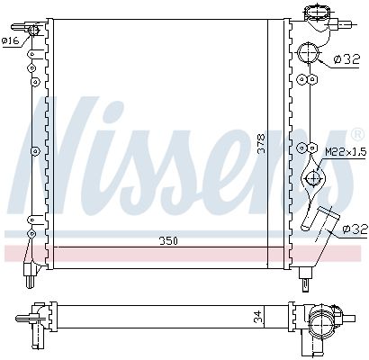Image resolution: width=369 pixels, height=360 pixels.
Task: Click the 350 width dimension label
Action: click(168, 241)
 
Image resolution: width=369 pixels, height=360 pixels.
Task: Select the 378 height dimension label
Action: click(262, 144)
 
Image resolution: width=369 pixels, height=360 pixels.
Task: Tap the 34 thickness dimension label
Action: click(258, 317)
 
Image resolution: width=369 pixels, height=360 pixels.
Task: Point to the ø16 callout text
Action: click(10, 41)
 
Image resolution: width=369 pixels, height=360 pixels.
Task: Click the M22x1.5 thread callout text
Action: click(346, 152)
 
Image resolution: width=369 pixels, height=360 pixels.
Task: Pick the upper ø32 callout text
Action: click(346, 59)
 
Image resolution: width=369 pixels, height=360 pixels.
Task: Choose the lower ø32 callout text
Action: click(355, 229)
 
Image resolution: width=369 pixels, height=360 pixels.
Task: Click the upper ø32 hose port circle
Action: click(309, 53)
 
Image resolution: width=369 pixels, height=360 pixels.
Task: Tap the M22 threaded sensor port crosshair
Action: click(314, 178)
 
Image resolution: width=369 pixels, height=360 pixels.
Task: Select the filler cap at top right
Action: click(315, 13)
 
